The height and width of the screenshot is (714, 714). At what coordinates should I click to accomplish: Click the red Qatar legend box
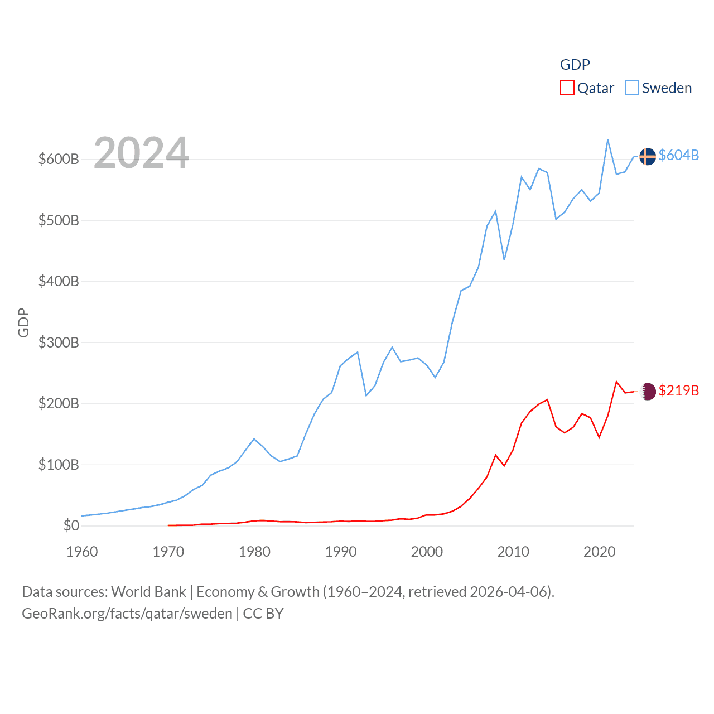coord(567,88)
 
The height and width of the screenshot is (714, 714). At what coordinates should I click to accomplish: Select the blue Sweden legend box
coord(631,88)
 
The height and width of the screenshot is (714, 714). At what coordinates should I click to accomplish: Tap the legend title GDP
coord(575,65)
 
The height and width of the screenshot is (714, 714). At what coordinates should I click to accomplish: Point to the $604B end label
coord(678,155)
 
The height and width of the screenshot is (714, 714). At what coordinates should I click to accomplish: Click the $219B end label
coord(678,390)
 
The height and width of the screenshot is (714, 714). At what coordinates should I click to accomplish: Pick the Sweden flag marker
coord(647,157)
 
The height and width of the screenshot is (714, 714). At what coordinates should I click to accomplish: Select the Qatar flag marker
coord(648,392)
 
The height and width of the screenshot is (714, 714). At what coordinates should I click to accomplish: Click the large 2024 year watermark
coord(141,153)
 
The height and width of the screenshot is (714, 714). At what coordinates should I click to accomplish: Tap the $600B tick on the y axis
coord(59,160)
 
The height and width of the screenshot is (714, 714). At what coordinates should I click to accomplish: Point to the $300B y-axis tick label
coord(59,342)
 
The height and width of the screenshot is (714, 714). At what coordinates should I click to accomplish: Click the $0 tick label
coord(71,525)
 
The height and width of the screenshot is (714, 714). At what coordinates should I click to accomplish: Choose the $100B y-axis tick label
coord(59,465)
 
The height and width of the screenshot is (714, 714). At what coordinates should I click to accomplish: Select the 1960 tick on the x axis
coord(82,552)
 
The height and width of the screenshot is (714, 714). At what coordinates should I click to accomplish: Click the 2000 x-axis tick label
coord(427,552)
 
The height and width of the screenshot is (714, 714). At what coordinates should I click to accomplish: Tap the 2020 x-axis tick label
coord(599,552)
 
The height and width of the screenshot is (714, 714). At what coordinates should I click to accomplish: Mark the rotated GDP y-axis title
coord(23,322)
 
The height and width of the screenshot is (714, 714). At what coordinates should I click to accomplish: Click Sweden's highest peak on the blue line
coord(607,140)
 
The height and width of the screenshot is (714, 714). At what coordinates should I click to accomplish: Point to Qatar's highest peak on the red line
coord(616,382)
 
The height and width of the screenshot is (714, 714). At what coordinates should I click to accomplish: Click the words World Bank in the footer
coord(148,592)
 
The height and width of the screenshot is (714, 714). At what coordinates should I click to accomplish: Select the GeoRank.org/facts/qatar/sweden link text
coord(127,614)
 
